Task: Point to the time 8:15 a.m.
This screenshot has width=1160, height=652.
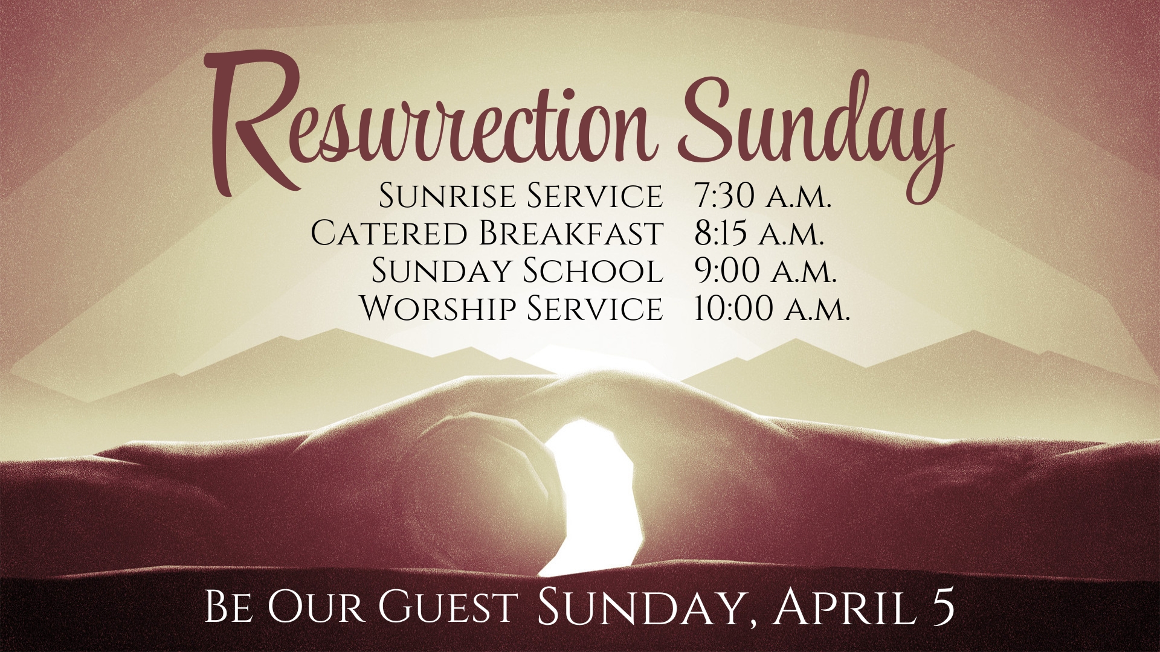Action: [x=759, y=232]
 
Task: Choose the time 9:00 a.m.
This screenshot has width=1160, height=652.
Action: [x=765, y=270]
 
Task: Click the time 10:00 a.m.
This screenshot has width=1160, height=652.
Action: [x=772, y=307]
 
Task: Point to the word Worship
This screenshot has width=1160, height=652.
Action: [x=438, y=307]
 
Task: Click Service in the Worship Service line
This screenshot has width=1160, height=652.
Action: [x=595, y=307]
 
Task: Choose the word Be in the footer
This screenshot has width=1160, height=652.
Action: [x=228, y=607]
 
